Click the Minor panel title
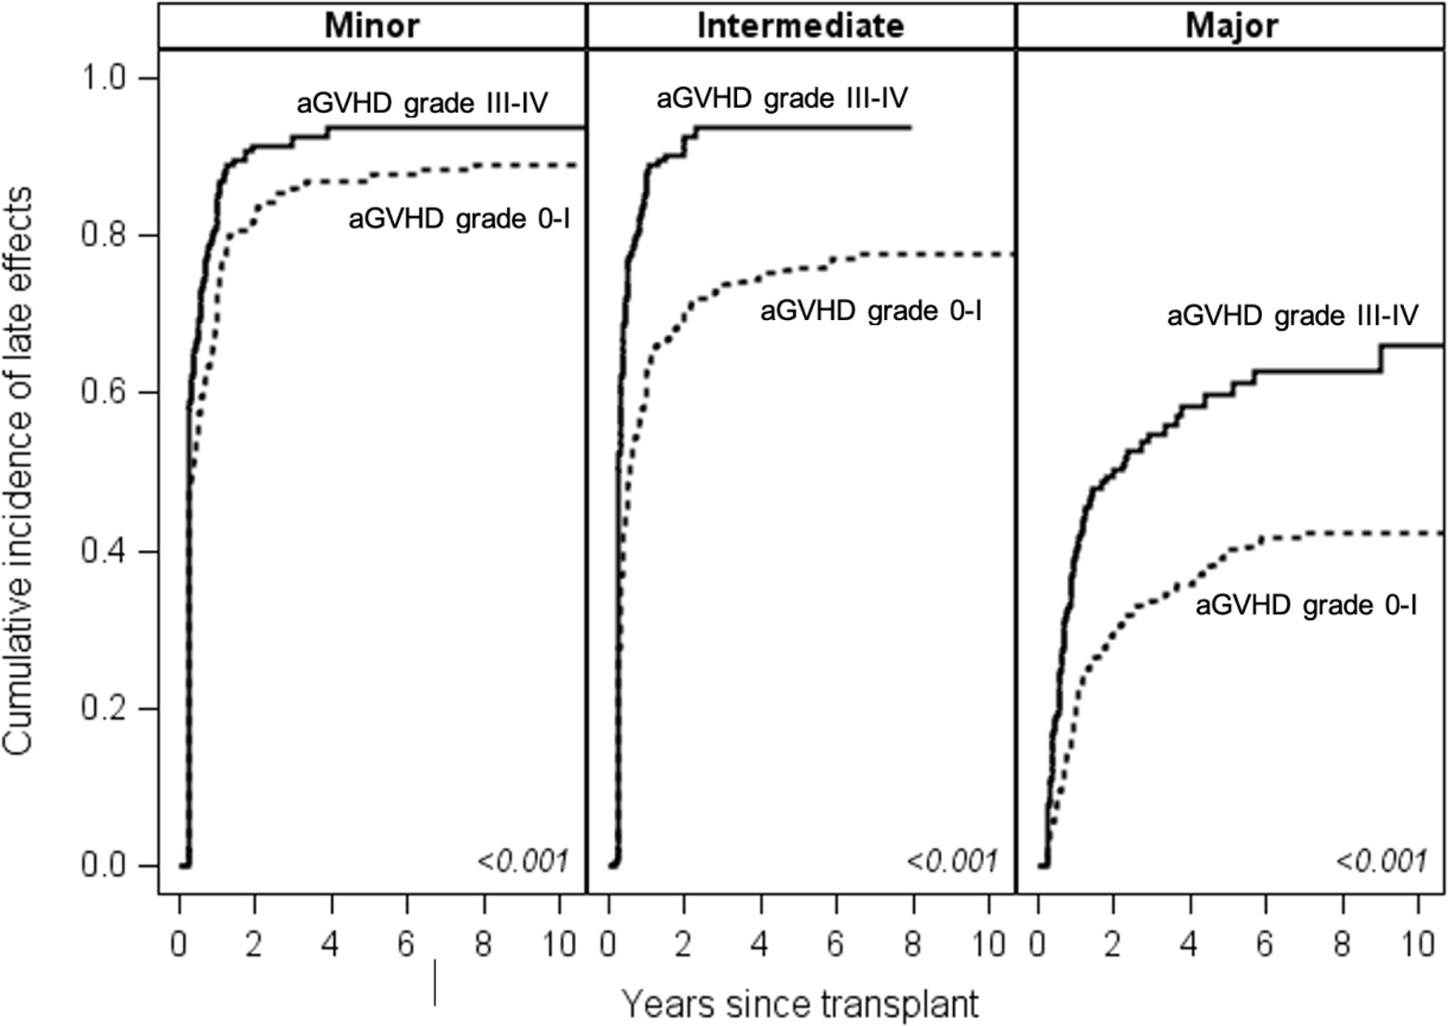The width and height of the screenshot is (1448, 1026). click(x=371, y=26)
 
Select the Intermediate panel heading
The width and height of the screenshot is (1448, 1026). click(x=800, y=26)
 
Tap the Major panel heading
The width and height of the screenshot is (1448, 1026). click(x=1231, y=26)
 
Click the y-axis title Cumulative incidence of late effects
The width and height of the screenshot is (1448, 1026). click(x=18, y=471)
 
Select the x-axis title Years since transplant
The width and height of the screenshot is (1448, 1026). click(x=800, y=1004)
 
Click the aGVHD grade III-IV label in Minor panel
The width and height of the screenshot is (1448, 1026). click(x=422, y=104)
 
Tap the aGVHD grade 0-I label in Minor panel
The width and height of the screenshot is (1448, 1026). click(x=459, y=219)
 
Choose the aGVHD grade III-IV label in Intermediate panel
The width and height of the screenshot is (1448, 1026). click(x=782, y=98)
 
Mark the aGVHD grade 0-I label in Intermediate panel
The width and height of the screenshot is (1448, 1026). click(x=871, y=311)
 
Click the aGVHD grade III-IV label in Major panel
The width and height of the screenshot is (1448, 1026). click(x=1293, y=315)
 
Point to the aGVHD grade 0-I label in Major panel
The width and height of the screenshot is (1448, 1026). click(x=1306, y=605)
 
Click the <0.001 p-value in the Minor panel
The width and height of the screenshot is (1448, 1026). click(x=522, y=861)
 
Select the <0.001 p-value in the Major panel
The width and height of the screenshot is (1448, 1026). click(x=1381, y=861)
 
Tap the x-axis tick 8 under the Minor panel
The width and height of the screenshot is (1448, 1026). click(x=483, y=945)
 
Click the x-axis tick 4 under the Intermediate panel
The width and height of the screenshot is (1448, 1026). click(x=761, y=945)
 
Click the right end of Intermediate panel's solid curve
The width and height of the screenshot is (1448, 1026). click(x=911, y=128)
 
